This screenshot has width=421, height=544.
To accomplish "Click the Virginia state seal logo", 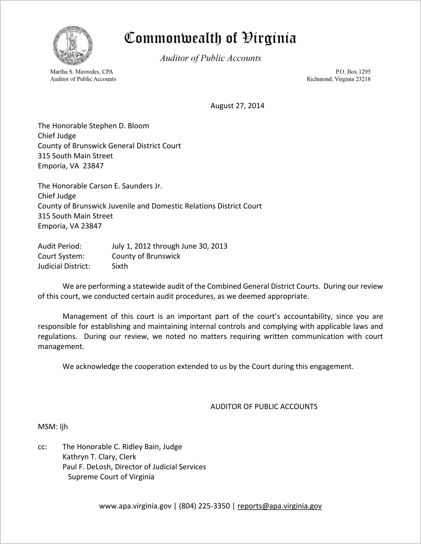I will (73, 45).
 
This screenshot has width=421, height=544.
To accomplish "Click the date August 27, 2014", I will (237, 106).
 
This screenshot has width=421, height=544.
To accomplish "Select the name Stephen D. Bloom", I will (119, 126).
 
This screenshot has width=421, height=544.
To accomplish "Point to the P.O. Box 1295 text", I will (353, 72).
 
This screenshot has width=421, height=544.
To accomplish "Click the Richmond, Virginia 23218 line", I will (338, 79).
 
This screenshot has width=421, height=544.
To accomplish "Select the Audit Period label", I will (60, 246).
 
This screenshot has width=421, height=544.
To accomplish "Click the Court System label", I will (61, 256).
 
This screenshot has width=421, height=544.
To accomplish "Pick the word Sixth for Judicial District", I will (120, 266).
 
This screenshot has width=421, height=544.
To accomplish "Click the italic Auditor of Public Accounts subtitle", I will (210, 58).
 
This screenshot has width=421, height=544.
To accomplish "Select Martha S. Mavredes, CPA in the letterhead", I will (81, 72).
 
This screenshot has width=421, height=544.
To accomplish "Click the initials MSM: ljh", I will (53, 427).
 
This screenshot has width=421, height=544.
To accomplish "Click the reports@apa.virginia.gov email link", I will (280, 506).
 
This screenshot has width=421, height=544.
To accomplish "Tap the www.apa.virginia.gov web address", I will (135, 506).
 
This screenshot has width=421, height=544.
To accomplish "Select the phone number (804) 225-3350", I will (204, 506).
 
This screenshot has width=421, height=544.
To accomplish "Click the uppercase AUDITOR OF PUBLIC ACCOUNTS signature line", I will (264, 407).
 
